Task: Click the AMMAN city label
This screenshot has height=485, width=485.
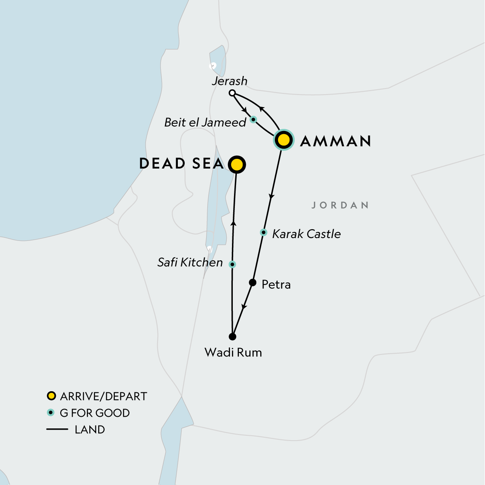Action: click(335, 141)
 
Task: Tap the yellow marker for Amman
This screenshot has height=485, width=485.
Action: click(284, 140)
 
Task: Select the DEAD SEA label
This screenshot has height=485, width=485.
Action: click(181, 164)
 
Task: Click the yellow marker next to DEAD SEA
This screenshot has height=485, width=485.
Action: click(237, 165)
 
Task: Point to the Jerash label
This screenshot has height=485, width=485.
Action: click(230, 81)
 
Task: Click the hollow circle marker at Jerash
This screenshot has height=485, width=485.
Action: click(232, 93)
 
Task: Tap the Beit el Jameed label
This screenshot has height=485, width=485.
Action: click(205, 122)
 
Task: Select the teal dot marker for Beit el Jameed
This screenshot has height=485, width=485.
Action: click(253, 120)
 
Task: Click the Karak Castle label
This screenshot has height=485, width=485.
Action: click(306, 234)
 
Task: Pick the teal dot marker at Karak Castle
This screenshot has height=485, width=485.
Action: click(264, 232)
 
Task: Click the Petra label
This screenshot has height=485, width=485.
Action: click(276, 285)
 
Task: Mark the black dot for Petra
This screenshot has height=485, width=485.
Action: click(253, 283)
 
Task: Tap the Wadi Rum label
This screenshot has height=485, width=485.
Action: click(233, 352)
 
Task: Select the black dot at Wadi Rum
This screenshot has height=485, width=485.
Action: click(232, 336)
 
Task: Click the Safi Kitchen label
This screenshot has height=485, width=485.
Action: click(190, 263)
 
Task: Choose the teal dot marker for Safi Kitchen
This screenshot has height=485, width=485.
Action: click(232, 264)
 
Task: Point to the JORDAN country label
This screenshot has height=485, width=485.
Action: click(340, 205)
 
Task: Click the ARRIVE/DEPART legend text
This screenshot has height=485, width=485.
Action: click(103, 396)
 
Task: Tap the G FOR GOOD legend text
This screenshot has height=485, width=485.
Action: click(95, 413)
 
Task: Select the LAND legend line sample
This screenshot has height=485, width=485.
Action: click(57, 429)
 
